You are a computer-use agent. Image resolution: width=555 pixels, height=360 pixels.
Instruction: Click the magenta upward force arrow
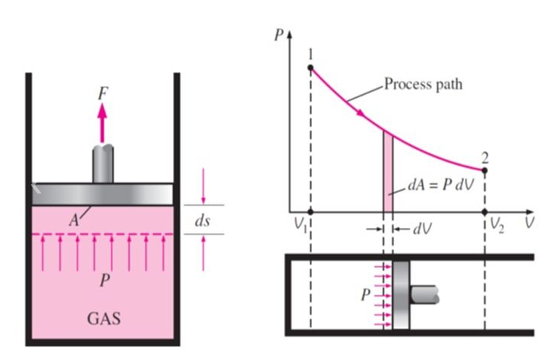pos(102,119)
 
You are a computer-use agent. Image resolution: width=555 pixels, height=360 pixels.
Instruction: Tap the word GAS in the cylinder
pos(103,315)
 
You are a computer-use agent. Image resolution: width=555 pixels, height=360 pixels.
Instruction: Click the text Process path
pos(422,84)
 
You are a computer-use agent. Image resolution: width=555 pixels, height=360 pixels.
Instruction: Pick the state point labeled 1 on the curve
pos(310,68)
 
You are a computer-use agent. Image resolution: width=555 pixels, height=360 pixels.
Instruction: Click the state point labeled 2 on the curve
pos(485,169)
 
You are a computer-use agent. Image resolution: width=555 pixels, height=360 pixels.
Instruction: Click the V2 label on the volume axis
pos(497,225)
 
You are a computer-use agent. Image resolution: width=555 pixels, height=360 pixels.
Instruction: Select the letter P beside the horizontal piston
pos(365,295)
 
